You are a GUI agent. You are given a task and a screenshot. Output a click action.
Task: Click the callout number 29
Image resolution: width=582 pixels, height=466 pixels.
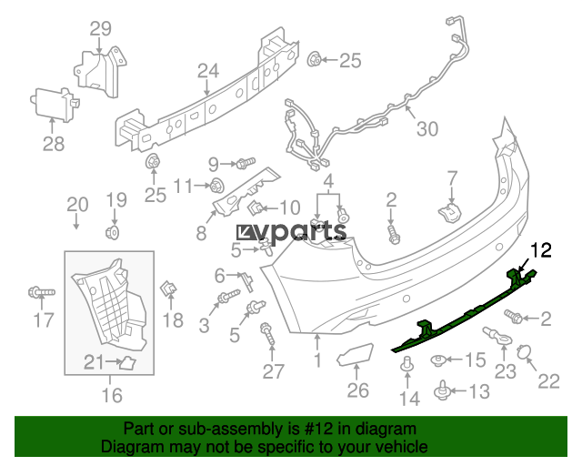(100, 28)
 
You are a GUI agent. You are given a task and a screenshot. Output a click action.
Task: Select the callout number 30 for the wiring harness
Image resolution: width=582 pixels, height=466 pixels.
(426, 129)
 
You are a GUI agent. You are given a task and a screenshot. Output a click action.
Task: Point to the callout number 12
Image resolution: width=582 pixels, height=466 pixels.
(541, 248)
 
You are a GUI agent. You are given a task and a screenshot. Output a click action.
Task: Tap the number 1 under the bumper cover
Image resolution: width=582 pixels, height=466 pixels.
(317, 361)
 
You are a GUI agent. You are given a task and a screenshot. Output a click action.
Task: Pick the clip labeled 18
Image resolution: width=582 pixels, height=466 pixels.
(169, 290)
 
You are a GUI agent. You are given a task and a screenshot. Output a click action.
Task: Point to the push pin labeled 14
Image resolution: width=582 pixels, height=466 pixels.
(406, 366)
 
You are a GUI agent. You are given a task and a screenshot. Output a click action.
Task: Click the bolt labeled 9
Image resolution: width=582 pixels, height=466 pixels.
(244, 164)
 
